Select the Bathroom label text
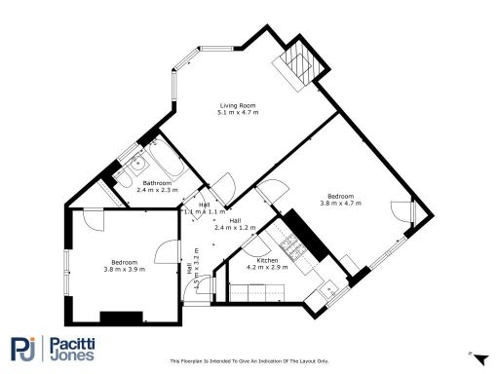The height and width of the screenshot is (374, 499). (x=158, y=183)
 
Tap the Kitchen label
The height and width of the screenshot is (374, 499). (x=268, y=261)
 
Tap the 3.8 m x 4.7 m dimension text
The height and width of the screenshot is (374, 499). (x=340, y=204)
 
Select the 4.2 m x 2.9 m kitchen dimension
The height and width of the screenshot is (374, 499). (x=268, y=269)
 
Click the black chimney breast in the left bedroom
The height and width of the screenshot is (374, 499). (x=123, y=317)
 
